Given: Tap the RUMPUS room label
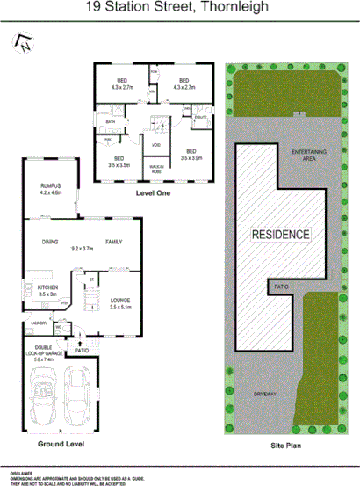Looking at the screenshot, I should coord(50,187).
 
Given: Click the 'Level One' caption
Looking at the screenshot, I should coord(154,192).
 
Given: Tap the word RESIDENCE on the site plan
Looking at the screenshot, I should coord(281,235).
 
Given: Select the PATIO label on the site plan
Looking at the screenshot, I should coord(281,287).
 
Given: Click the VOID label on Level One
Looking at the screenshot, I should coord(155,145).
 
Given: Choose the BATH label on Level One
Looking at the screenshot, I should coord(112,121).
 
